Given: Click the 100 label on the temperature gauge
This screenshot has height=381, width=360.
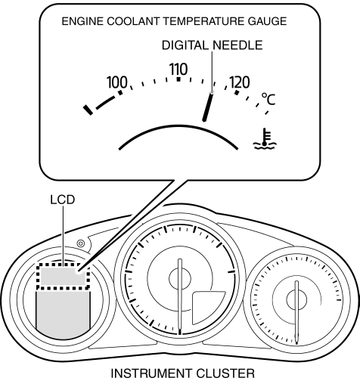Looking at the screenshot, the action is click(x=117, y=82).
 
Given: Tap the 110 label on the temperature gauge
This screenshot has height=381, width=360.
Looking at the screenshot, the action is click(x=178, y=70).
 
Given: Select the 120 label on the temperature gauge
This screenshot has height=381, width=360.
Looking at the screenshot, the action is click(x=240, y=82).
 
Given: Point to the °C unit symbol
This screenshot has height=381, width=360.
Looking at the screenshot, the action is click(x=268, y=99).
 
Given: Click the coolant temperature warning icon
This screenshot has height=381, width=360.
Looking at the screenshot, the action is click(x=265, y=138).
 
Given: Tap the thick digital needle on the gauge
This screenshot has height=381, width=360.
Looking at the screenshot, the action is click(x=208, y=107).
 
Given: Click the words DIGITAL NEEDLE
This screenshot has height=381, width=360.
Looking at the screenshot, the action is click(x=213, y=45).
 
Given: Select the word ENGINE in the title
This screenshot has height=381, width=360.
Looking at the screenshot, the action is click(x=82, y=21).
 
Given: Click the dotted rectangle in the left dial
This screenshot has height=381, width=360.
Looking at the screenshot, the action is click(x=63, y=265).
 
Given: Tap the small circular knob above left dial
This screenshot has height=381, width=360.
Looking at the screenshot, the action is click(x=81, y=243).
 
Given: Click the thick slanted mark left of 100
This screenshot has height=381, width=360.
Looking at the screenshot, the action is click(x=88, y=110).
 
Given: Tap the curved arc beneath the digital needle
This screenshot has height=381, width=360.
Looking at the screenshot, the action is click(x=178, y=126).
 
